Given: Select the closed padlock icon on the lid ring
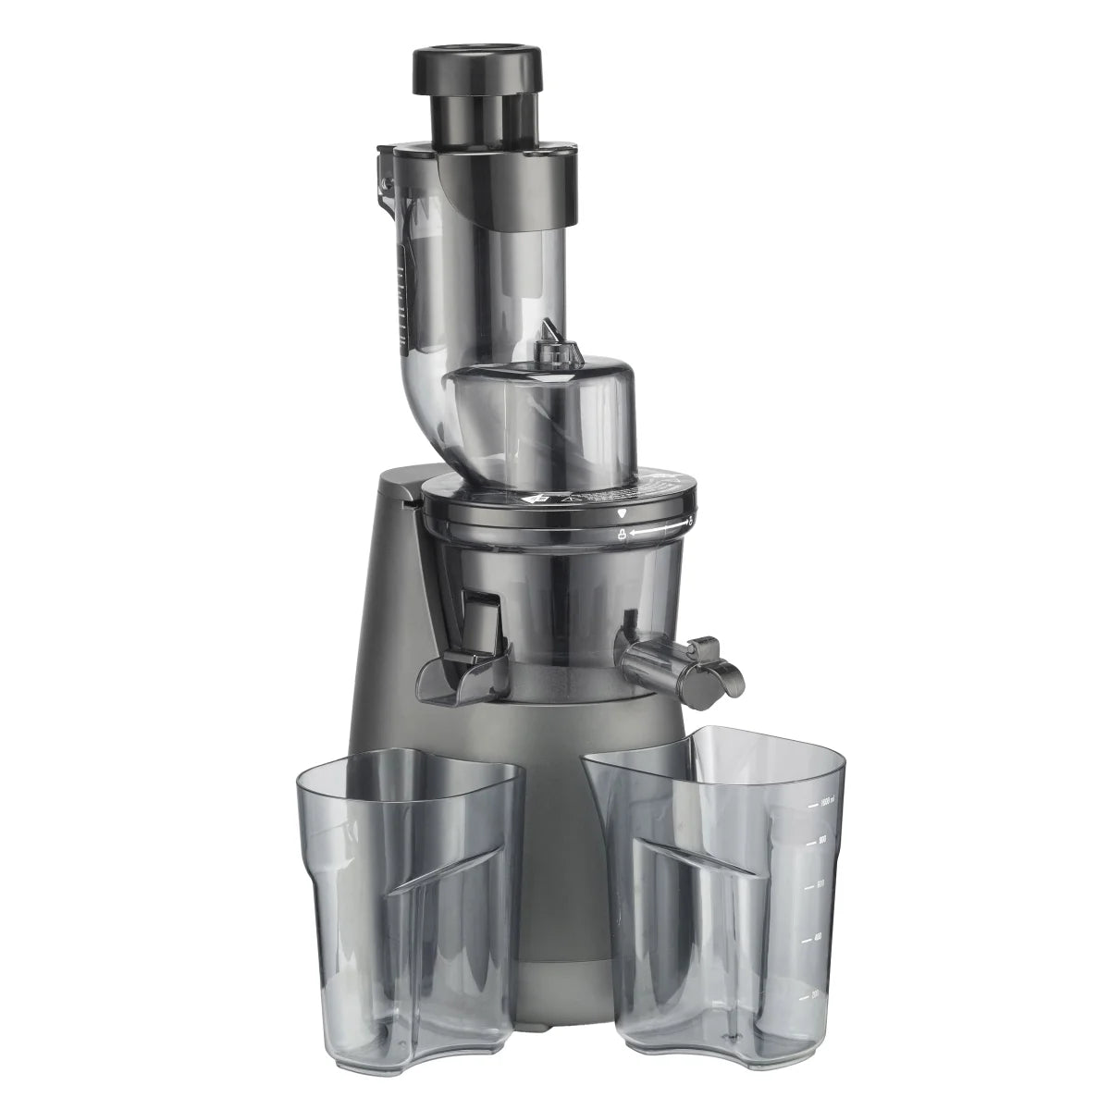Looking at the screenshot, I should tap(623, 534).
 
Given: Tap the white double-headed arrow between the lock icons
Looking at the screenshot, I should tap(657, 529).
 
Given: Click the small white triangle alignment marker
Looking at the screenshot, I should tap(623, 512).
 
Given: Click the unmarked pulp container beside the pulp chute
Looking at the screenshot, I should tap(407, 888).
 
